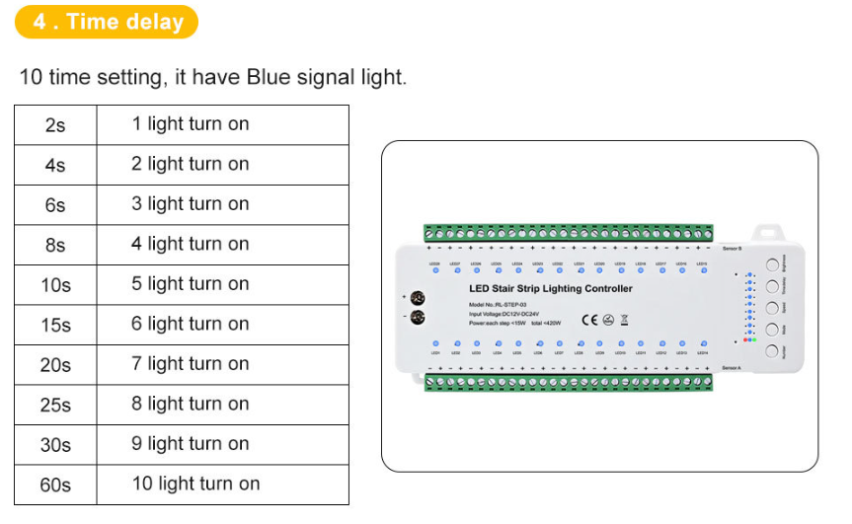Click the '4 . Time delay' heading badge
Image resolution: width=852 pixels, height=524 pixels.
tap(108, 22)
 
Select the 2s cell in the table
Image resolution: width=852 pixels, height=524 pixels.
tap(55, 125)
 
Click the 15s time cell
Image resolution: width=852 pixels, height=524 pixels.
tap(55, 325)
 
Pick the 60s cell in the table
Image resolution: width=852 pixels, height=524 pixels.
tap(55, 485)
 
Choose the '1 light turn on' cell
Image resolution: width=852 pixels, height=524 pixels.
tap(191, 124)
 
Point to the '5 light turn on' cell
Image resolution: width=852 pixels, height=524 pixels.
tap(191, 284)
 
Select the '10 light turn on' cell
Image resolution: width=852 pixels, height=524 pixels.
tap(196, 484)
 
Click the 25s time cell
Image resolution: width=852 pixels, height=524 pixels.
tap(55, 405)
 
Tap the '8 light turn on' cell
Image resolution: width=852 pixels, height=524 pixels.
tap(191, 404)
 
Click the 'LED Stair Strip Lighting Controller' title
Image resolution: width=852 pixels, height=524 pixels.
tap(550, 289)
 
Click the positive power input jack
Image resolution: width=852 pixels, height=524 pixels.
tap(417, 297)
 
